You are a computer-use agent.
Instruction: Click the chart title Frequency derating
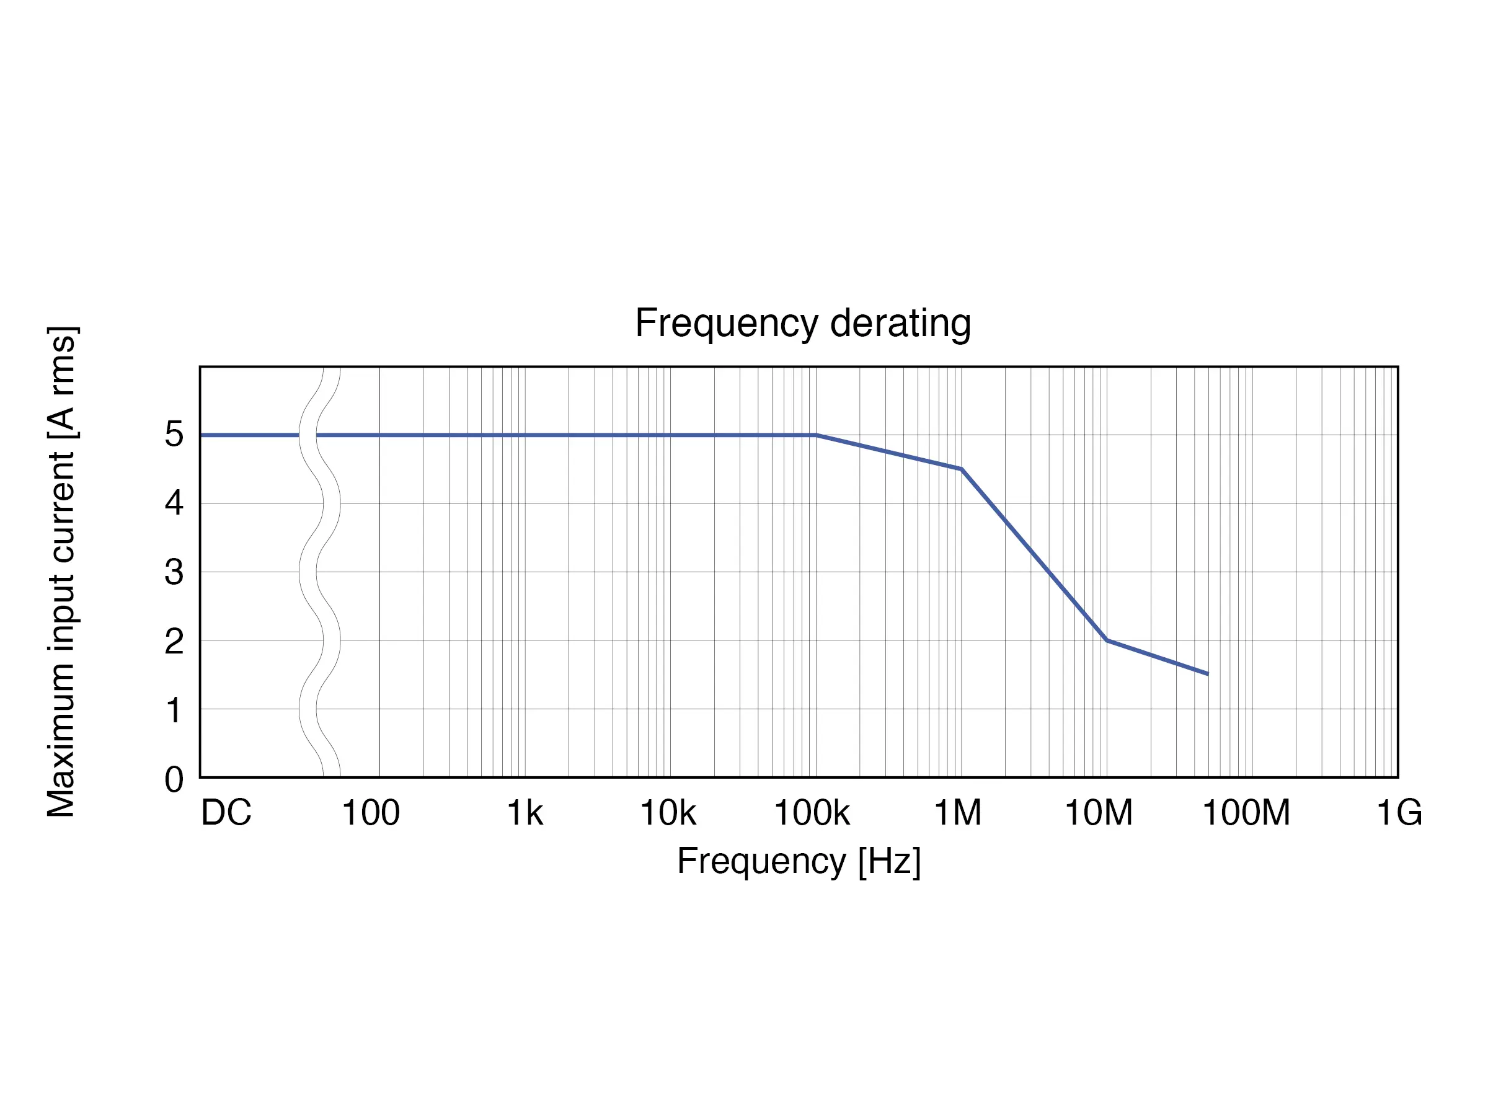coord(802,324)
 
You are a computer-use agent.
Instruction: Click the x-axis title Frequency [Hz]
coord(799,861)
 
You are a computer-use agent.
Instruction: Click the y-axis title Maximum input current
coord(62,572)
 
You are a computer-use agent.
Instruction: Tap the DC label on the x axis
coord(226,813)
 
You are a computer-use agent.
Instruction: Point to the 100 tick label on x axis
coord(371,813)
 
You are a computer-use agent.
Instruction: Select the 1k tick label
coord(525,813)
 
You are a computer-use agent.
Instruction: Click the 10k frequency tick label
coord(667,813)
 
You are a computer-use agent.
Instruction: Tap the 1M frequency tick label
coord(957,813)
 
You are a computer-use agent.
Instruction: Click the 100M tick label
coord(1246,813)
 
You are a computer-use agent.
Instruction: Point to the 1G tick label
coord(1399,813)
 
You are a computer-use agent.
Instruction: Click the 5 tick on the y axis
coord(174,435)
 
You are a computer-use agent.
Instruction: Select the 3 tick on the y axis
coord(174,572)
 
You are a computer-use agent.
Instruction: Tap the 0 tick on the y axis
coord(174,780)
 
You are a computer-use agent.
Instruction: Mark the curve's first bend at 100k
coord(816,435)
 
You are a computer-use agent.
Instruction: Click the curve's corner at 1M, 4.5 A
coord(961,469)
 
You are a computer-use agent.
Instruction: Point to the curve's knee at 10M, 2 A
coord(1107,640)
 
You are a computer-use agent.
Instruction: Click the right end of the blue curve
coord(1208,673)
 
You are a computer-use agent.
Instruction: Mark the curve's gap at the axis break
coord(308,435)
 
